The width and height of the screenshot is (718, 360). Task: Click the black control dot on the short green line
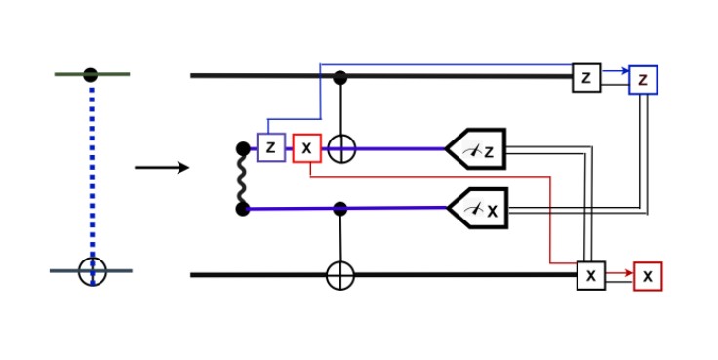click(91, 74)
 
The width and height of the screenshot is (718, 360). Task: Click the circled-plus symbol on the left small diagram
click(92, 270)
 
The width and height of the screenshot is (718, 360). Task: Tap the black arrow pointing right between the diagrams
click(161, 168)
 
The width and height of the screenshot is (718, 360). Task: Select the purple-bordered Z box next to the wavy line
click(270, 147)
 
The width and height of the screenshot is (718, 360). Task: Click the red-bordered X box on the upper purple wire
click(307, 147)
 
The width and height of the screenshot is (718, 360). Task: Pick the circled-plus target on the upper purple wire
click(340, 148)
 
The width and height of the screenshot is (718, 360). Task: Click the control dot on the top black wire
click(340, 77)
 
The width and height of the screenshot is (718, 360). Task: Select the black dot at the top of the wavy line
click(243, 149)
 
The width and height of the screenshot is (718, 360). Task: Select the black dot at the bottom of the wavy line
click(243, 209)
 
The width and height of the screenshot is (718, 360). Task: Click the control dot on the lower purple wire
click(340, 208)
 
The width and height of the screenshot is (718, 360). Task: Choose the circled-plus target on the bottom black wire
click(340, 276)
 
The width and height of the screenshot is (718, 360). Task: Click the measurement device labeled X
click(478, 208)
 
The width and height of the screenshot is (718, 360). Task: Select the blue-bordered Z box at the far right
click(643, 79)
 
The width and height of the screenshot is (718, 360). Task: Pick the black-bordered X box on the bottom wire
click(590, 276)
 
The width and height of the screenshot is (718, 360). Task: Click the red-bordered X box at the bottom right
click(648, 276)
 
